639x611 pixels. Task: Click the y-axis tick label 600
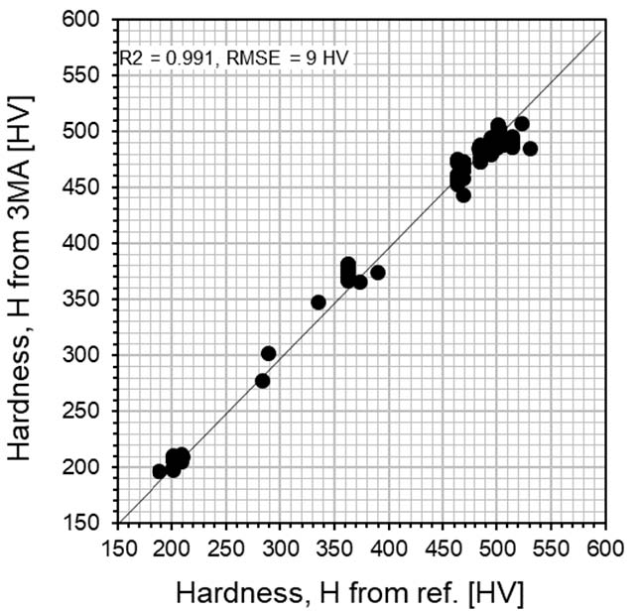tap(88, 19)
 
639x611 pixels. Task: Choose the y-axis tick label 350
tap(88, 300)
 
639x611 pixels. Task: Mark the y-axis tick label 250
tap(88, 412)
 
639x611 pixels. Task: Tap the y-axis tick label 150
tap(88, 523)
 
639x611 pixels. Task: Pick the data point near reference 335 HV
tap(319, 303)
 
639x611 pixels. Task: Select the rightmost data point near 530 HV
tap(530, 149)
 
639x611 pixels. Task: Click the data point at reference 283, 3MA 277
tap(262, 381)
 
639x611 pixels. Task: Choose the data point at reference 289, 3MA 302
tap(269, 353)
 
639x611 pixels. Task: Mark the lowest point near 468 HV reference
tap(463, 195)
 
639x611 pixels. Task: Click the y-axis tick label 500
tap(88, 131)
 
